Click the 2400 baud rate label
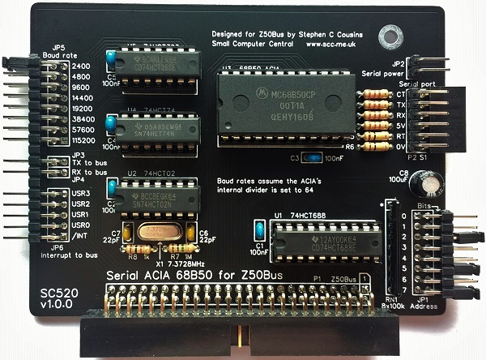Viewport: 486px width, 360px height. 81,66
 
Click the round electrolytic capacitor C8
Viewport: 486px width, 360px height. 423,186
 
